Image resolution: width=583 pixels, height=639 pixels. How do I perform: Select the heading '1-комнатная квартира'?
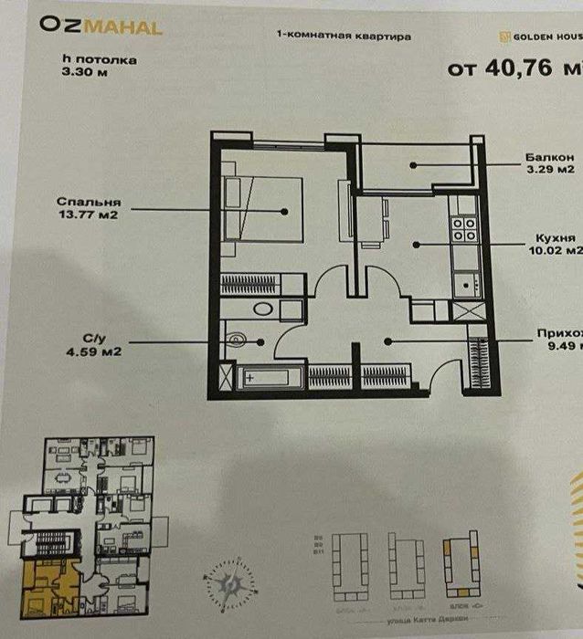coord(343,37)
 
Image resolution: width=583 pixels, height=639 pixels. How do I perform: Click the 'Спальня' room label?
coord(89,202)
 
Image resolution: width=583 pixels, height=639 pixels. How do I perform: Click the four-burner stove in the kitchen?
coord(462,227)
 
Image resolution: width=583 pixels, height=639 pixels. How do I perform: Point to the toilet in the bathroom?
coord(237,341)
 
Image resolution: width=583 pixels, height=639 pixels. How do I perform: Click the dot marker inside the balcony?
coord(413,165)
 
